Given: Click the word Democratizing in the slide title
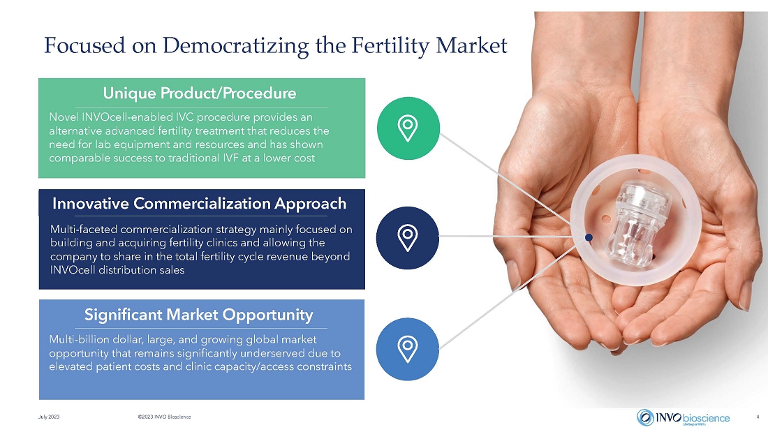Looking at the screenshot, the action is point(235,45).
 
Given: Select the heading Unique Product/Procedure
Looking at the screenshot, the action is point(200,93).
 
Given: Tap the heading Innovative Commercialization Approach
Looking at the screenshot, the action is point(200,203).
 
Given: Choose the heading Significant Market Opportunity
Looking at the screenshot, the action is point(198,315).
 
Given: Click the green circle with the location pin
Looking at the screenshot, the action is point(408,128).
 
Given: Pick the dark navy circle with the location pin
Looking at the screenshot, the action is point(408,238).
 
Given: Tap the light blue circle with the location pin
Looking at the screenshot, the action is point(408,349).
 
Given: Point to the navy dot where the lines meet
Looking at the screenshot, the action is point(589,237).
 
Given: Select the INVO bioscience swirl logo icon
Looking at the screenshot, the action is point(645,417).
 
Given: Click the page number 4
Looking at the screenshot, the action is point(758,417).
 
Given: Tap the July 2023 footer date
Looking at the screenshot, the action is point(49,417).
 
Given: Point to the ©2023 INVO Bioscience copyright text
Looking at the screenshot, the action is point(165,417).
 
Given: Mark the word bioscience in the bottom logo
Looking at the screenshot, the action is point(706,418).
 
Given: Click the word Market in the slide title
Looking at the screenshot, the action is point(471,45).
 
